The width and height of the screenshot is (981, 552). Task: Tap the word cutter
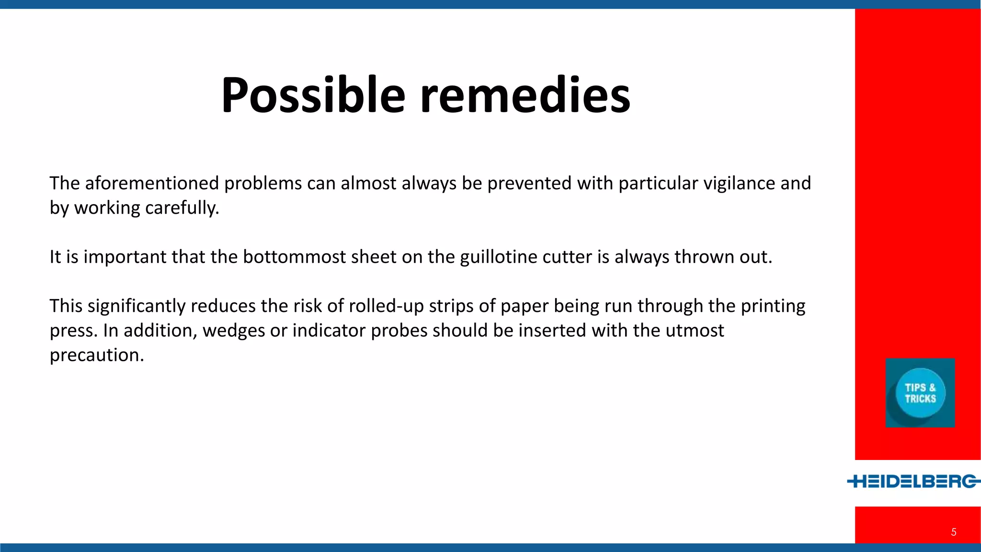click(x=567, y=257)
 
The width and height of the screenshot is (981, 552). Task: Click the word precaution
click(x=97, y=355)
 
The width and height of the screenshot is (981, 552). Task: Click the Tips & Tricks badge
click(x=920, y=393)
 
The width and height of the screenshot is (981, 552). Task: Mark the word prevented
click(x=529, y=184)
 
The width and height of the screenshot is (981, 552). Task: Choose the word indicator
click(x=329, y=331)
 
